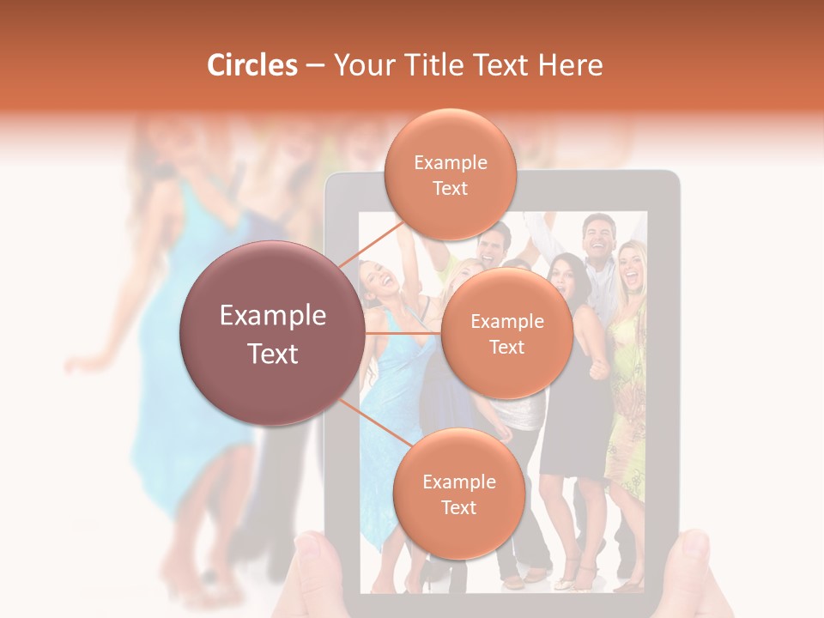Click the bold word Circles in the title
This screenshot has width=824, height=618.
[x=252, y=65]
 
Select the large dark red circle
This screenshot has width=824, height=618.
[x=273, y=333]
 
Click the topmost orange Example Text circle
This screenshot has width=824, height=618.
[x=450, y=174]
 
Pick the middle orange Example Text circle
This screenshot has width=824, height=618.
[x=506, y=333]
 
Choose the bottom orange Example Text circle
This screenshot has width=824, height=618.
[x=458, y=494]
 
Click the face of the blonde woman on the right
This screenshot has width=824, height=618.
[x=632, y=265]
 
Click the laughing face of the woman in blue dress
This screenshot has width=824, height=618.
[x=375, y=279]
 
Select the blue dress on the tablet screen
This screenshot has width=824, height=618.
[x=391, y=403]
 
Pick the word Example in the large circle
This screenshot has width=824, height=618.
[x=273, y=316]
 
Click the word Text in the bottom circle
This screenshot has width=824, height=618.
[x=458, y=507]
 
